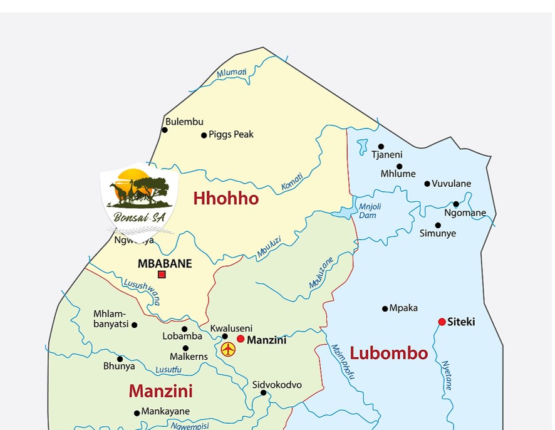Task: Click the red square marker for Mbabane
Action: (162, 275)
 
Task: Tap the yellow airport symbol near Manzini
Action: (228, 349)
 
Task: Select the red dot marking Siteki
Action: (442, 322)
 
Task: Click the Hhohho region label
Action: (226, 199)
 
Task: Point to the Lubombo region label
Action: (388, 353)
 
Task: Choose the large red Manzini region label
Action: (160, 391)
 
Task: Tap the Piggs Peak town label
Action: (231, 135)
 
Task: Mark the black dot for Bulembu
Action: (165, 130)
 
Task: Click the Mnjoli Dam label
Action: (370, 211)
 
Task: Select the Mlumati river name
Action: (232, 73)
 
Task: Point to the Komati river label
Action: (292, 182)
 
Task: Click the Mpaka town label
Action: (403, 308)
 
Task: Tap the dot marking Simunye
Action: (438, 225)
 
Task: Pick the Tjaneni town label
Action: (386, 155)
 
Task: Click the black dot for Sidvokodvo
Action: (263, 393)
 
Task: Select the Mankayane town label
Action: (165, 412)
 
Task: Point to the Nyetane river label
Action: (447, 375)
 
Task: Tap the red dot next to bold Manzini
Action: (241, 338)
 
